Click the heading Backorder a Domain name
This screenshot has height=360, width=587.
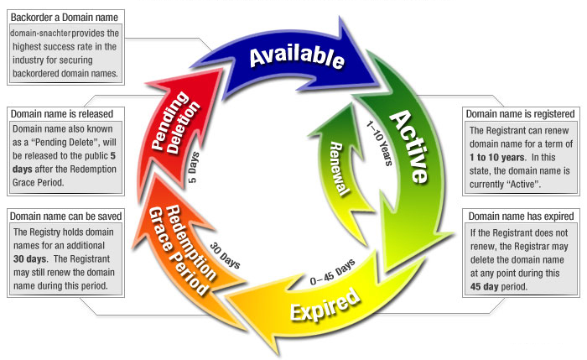[64, 18]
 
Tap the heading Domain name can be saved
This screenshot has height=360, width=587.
[67, 216]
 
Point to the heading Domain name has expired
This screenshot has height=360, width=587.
[520, 216]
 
